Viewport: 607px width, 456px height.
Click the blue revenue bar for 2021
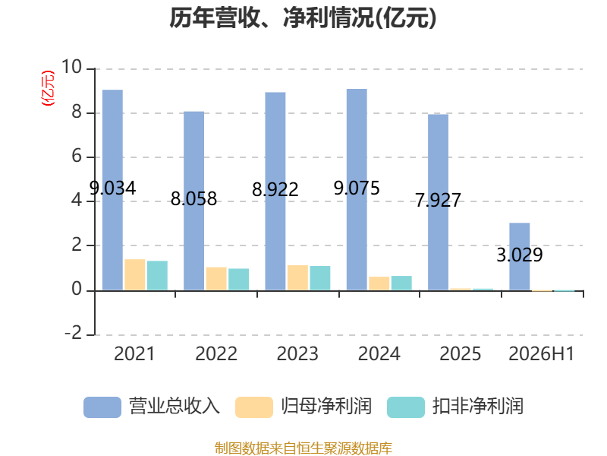coord(112,190)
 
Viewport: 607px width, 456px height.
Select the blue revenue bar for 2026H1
coord(520,257)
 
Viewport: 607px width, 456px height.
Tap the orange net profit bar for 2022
coord(216,279)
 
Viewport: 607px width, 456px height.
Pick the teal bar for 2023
coord(320,278)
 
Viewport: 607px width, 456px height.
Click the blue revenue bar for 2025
coord(439,202)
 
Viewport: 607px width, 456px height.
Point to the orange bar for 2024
coord(379,283)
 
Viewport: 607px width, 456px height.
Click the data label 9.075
coord(357,188)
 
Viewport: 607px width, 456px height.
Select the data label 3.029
coord(520,255)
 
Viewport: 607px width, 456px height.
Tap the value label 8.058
coord(193,199)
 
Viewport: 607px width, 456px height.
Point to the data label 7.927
coord(439,200)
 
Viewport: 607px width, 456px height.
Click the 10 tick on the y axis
coord(71,67)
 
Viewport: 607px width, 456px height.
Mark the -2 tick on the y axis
coord(73,333)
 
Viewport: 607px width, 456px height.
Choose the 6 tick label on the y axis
coord(77,156)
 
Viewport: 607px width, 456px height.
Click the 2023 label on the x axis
coord(297,353)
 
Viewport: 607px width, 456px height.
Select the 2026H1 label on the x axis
coord(542,353)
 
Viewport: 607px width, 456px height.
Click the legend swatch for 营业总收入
coord(102,407)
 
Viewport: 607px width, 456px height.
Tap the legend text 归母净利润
coord(326,407)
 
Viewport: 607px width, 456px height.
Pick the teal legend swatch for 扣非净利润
coord(406,407)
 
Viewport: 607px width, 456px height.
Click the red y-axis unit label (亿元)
coord(48,88)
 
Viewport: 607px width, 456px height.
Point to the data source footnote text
coord(303,448)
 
